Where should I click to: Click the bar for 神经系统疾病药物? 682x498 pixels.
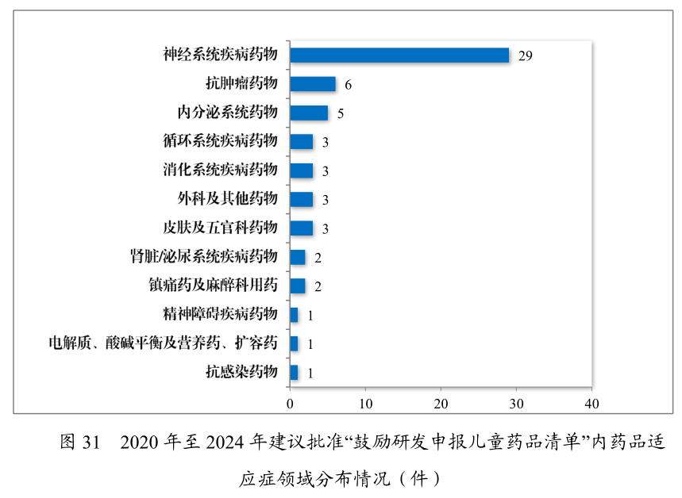coord(399,56)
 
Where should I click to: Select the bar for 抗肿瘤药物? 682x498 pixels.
coord(312,84)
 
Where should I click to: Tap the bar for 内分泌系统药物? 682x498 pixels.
coord(308,113)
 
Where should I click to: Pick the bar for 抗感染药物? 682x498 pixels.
coord(294,372)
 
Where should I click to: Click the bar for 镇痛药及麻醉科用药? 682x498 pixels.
coord(297,285)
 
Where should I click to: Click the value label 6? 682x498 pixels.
coord(348,85)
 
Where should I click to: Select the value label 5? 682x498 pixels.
coord(340,113)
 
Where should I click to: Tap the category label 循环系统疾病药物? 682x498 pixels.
coord(220,141)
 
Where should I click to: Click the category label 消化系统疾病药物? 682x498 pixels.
coord(220,170)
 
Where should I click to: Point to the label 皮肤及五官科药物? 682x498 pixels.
coord(220,228)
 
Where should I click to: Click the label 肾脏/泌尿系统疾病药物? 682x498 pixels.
coord(204,256)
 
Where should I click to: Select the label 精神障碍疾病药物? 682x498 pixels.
coord(220,314)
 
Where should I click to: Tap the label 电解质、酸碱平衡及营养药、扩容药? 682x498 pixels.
coord(163,343)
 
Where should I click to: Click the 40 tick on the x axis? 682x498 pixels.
coord(591,404)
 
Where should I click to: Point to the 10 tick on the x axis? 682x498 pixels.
coord(365,404)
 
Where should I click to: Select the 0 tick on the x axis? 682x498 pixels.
coord(290,404)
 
